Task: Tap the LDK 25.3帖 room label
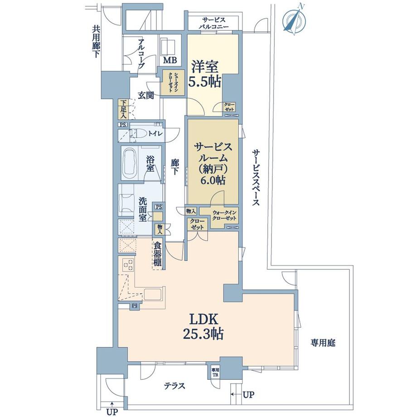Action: [x=203, y=326]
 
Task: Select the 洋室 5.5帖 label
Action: [x=205, y=74]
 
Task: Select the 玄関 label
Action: [x=146, y=95]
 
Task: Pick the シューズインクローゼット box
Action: [x=172, y=82]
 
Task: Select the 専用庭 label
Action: [x=323, y=343]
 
